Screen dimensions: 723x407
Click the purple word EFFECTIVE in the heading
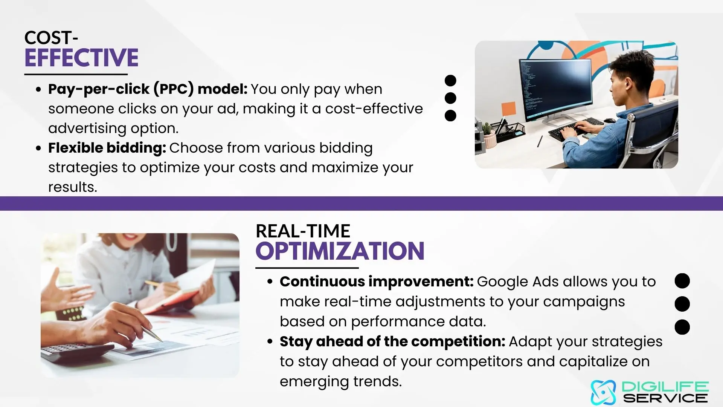click(81, 58)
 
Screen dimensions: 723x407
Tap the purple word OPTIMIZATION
click(340, 251)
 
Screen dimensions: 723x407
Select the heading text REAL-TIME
click(303, 231)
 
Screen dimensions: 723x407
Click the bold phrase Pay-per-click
click(99, 90)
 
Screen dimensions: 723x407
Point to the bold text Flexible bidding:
click(107, 148)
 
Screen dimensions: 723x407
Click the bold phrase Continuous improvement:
click(377, 282)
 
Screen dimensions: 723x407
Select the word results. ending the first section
click(73, 187)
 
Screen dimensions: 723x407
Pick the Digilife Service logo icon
click(603, 392)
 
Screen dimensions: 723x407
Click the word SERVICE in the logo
click(665, 398)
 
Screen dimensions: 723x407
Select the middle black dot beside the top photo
click(450, 98)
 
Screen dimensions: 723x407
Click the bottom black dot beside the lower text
click(682, 327)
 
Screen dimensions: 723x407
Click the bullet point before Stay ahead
click(270, 341)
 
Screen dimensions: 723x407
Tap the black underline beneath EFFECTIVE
click(76, 74)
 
